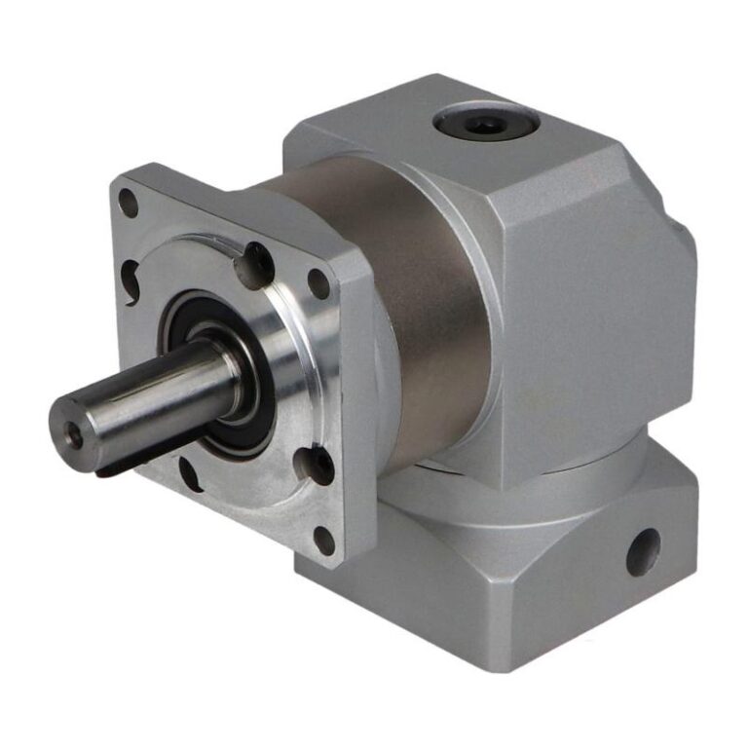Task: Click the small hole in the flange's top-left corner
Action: tap(128, 203)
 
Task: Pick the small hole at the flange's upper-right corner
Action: tap(318, 283)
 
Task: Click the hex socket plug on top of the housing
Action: tap(484, 124)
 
